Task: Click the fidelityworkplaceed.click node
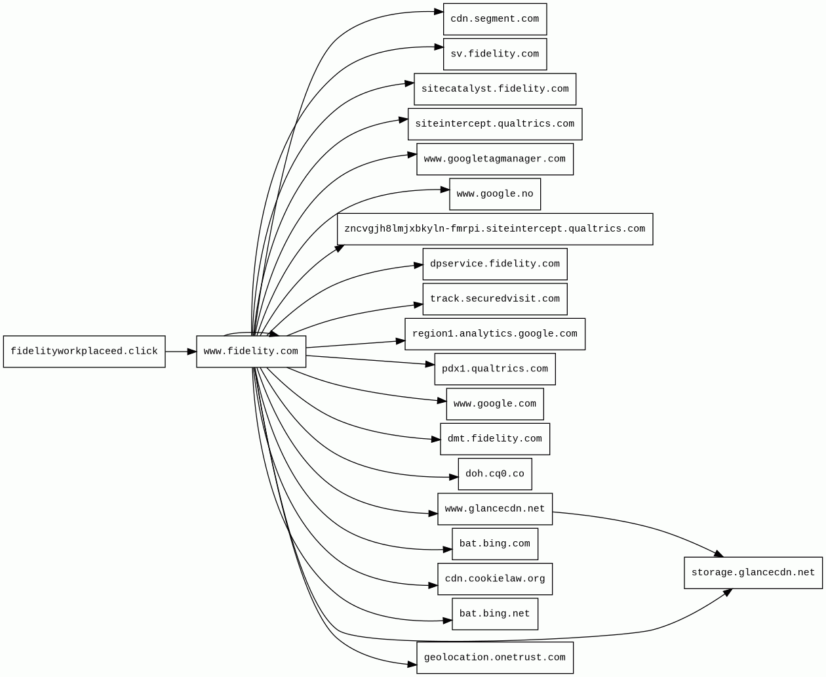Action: (x=84, y=352)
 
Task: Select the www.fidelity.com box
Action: (x=251, y=352)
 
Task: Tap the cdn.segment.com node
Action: (x=494, y=19)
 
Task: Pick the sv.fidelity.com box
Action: (x=494, y=54)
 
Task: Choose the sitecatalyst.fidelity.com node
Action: (x=494, y=89)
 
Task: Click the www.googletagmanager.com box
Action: (x=494, y=159)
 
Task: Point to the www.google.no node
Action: (x=494, y=194)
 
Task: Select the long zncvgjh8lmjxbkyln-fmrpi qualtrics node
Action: (x=494, y=229)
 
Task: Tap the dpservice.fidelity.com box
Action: (x=494, y=264)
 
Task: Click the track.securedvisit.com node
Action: (x=494, y=299)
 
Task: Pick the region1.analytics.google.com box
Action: (x=494, y=334)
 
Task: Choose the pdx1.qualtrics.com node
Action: (x=494, y=369)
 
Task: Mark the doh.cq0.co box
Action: (x=494, y=474)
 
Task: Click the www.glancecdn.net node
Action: (x=494, y=509)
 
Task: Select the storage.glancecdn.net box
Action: (x=753, y=573)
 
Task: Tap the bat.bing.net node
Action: (x=494, y=614)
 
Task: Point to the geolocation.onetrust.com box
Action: (x=494, y=657)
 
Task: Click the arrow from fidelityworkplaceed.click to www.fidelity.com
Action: (x=180, y=352)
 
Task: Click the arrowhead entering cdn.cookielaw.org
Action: (x=433, y=585)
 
